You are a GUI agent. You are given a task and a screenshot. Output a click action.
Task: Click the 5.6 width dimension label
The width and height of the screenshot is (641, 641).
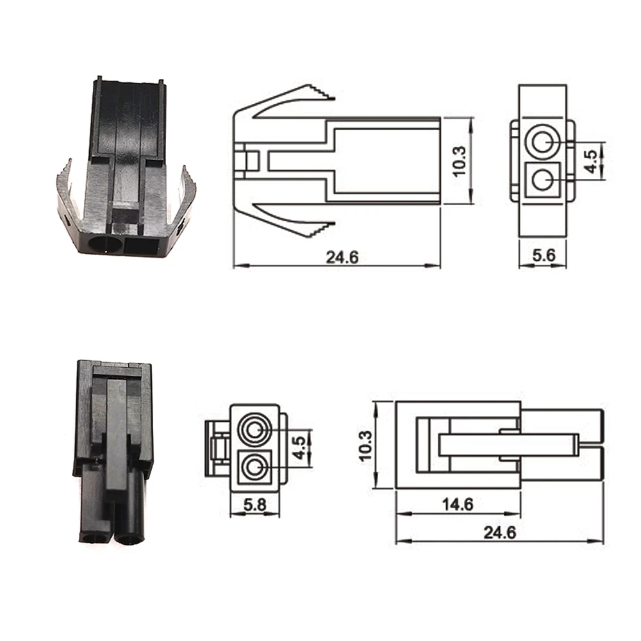tap(542, 254)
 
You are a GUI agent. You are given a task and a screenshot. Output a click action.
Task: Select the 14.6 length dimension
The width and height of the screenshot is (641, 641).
tap(458, 504)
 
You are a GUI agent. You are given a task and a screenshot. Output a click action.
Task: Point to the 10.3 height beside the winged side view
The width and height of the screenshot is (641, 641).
tap(460, 161)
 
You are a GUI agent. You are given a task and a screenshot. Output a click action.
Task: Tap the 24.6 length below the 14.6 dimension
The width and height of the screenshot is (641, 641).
tap(500, 532)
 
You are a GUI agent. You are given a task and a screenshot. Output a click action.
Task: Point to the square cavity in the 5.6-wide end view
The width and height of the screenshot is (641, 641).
tap(542, 179)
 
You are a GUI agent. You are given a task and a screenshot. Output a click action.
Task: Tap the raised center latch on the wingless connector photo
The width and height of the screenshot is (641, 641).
tap(117, 436)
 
